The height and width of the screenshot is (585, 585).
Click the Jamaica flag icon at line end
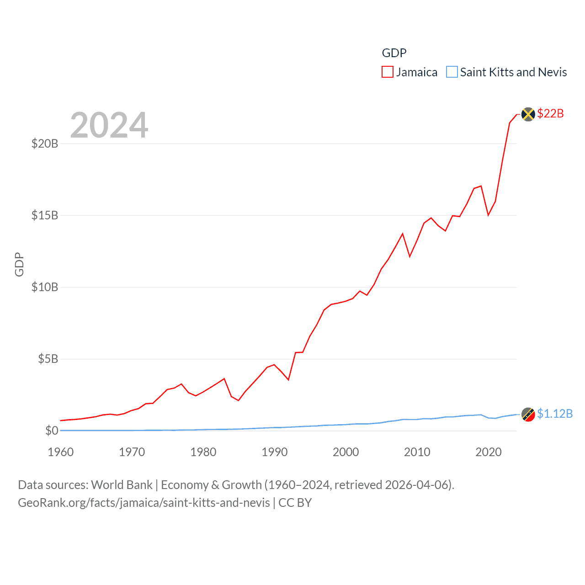528,114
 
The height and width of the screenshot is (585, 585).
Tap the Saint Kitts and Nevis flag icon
528,415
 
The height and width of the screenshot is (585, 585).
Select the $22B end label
550,113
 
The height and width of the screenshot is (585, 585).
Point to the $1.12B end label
555,414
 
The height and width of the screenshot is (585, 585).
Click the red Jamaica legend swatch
387,72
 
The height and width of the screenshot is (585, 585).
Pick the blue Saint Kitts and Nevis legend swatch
452,72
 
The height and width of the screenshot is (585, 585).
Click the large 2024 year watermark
109,125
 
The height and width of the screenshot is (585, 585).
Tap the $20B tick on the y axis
45,144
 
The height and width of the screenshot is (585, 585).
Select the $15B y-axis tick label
45,215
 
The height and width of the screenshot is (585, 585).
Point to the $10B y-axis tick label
45,287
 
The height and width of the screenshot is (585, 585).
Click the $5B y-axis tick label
48,359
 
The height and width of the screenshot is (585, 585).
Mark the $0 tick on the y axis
52,431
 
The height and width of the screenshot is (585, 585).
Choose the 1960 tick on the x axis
61,452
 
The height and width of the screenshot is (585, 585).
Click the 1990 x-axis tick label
275,452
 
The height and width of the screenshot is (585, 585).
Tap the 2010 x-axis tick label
417,452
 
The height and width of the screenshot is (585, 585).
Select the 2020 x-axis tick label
489,452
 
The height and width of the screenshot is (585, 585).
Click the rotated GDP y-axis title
19,264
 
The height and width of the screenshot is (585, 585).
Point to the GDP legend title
394,53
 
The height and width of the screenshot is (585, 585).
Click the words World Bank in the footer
122,484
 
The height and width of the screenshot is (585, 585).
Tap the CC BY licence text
295,503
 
